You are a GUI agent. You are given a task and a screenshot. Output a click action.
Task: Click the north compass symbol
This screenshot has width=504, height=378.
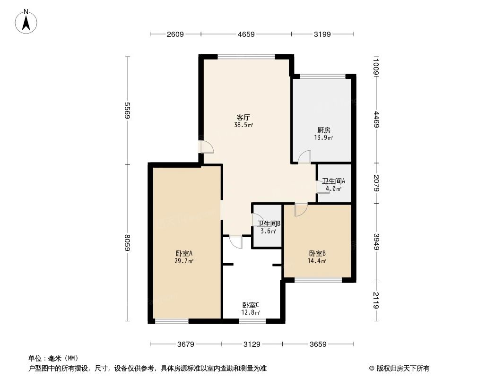coord(27,21)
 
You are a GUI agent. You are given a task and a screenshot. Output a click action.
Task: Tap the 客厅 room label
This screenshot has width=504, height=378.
coord(243,117)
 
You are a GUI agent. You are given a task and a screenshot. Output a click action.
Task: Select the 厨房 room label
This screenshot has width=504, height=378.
coord(323,130)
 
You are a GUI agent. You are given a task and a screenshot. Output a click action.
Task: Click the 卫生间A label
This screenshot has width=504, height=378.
coord(333,181)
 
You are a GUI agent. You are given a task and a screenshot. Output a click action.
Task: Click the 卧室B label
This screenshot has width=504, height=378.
coord(317,253)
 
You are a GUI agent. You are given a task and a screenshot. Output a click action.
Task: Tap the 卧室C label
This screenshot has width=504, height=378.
coord(251,305)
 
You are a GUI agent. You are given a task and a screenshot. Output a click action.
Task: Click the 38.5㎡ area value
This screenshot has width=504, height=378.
coord(243,125)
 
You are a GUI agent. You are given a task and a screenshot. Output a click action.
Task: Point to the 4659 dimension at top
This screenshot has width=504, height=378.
coord(246,34)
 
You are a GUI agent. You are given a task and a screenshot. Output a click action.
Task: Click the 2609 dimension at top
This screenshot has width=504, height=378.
coord(175,34)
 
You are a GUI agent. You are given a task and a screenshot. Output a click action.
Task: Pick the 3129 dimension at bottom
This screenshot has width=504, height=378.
coord(252,344)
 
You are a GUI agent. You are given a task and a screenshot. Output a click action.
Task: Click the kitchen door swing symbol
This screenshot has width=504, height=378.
coord(304,157)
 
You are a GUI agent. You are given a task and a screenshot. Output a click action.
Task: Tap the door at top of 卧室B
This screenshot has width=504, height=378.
coord(300,209)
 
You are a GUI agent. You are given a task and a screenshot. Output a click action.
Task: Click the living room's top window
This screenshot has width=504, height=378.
coord(246,57)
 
